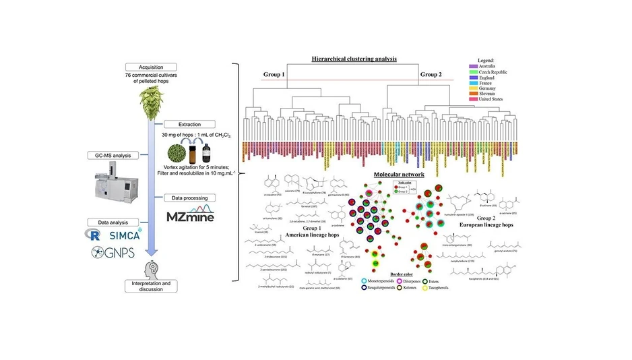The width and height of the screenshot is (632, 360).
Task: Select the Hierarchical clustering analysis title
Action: coord(354,59)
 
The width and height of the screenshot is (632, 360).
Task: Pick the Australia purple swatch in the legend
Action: coord(472,65)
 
